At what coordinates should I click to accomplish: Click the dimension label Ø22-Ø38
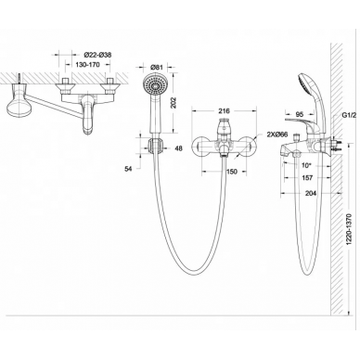coord(97,55)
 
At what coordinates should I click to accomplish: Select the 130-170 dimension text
coord(88,65)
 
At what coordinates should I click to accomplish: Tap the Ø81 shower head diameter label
coord(156,67)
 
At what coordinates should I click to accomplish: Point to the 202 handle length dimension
coord(174,103)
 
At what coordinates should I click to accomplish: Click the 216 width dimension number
coord(224,110)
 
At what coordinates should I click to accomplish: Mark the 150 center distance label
coord(232,172)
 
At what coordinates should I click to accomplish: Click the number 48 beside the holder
coord(178,148)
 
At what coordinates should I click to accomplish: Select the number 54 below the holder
coord(128,169)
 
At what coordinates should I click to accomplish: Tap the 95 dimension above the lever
coord(299,114)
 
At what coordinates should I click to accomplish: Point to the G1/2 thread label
coord(349,115)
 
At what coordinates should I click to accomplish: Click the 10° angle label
coord(306,166)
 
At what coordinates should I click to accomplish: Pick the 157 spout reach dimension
coord(307,178)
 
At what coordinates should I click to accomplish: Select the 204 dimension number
coord(310,193)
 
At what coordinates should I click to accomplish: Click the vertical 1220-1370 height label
coord(350,229)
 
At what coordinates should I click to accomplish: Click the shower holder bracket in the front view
coord(154,145)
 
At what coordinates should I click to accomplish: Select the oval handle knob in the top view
coord(18,109)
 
